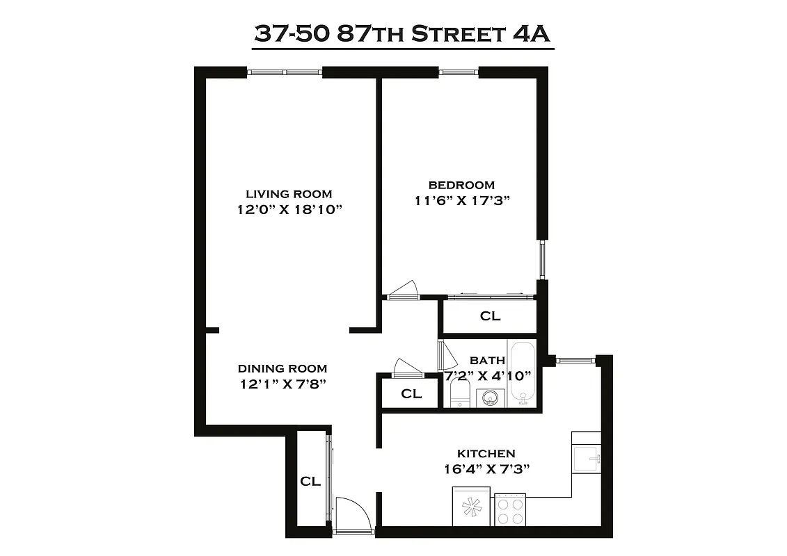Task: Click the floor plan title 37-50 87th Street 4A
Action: point(403,34)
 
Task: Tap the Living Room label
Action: point(289,194)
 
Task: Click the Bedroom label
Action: point(461,185)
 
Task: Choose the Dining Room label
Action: point(282,368)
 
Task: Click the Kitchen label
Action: point(486,453)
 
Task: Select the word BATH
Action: point(487,361)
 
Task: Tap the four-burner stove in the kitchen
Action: point(510,512)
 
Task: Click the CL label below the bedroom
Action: point(490,316)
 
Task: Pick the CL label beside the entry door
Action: point(310,481)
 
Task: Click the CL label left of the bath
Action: point(411,393)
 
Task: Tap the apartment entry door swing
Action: point(350,514)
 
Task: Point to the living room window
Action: point(285,72)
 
